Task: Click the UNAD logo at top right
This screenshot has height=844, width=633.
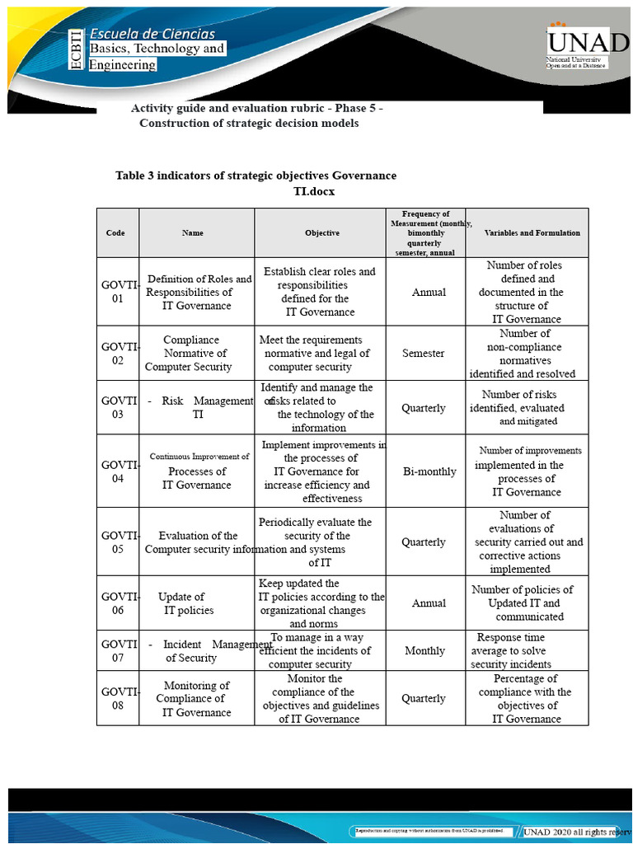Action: coord(578,42)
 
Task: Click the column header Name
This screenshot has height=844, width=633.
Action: coord(192,233)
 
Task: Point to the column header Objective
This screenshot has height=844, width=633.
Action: coord(321,233)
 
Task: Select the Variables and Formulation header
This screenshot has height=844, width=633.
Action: coord(532,233)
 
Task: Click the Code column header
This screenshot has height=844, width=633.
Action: coord(115,233)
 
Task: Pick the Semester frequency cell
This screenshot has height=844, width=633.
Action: coord(423,354)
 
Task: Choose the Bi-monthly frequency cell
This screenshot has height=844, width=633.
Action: coord(429,472)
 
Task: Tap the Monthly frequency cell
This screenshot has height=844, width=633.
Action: coord(424,651)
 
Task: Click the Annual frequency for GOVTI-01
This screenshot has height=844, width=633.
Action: coord(429,293)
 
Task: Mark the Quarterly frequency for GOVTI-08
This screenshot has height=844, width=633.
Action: coord(423,699)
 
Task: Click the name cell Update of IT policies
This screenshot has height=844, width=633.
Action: coord(185,603)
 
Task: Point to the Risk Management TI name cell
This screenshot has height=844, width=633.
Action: coord(198,408)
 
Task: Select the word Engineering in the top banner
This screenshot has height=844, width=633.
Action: coord(123,64)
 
